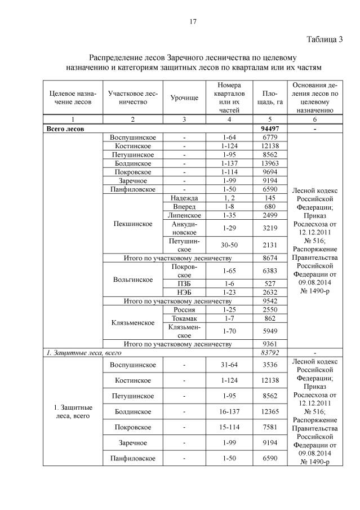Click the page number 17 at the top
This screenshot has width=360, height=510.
coord(193,22)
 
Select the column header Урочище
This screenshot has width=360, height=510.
coord(184,97)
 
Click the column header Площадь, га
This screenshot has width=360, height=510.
coord(265,97)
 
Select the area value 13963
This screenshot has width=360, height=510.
coord(265,163)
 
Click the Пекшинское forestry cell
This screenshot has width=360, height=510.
coord(133,224)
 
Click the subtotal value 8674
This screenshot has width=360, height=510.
coord(265,258)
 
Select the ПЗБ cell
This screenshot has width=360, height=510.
coord(184,283)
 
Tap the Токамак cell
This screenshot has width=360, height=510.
coord(184,318)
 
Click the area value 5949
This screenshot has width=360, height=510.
coord(265,331)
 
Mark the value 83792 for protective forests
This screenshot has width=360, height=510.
coord(265,352)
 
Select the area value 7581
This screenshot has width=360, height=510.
coord(265,427)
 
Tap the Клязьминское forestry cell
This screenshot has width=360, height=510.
coord(133,323)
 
